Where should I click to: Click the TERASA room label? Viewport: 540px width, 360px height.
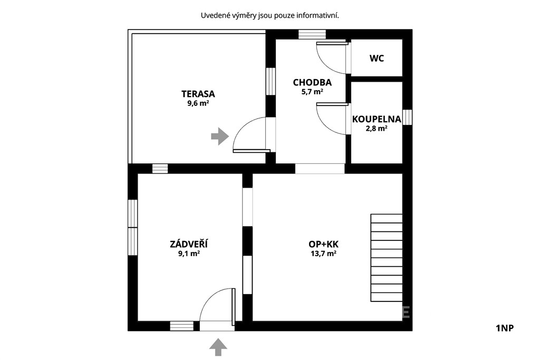pos(198,94)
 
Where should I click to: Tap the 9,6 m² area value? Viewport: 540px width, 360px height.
pos(198,103)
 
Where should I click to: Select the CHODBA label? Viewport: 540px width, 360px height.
pos(312,83)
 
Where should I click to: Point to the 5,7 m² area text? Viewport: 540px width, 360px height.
pos(312,92)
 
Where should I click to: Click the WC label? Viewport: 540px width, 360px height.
pos(377,59)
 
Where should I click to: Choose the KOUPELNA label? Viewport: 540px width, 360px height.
pos(377,119)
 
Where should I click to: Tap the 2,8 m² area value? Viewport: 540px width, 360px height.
pos(377,129)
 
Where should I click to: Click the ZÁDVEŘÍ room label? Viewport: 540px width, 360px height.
pos(189,244)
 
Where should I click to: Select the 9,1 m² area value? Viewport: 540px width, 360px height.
pos(189,254)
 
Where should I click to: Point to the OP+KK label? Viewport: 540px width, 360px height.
pos(323,245)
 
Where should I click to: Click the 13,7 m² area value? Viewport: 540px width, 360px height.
pos(323,254)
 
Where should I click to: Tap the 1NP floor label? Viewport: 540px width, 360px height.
pos(505,328)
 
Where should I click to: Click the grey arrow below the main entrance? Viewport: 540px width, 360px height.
pos(218,347)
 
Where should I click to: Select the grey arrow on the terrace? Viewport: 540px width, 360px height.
pos(220,137)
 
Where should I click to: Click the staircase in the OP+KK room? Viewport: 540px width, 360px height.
pos(387,258)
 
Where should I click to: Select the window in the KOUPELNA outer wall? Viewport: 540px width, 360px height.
pos(408,117)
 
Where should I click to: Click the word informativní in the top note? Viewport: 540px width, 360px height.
pos(317,15)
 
